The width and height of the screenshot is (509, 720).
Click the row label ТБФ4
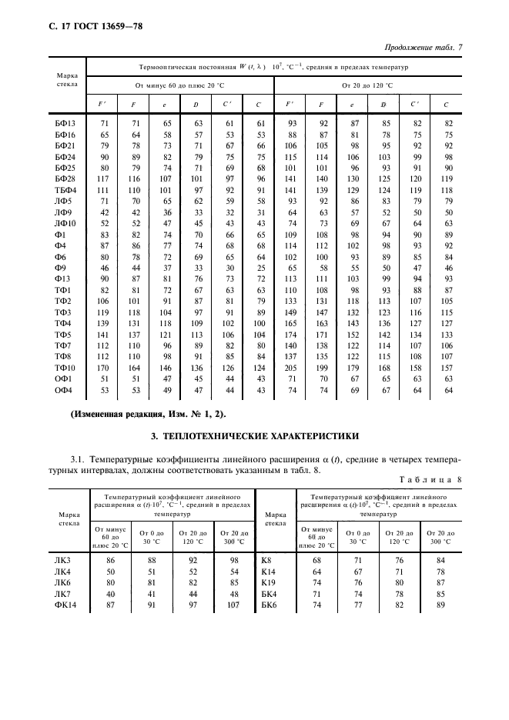point(63,189)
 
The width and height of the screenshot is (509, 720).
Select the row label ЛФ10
point(63,223)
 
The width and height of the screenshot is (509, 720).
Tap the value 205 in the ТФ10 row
point(291,368)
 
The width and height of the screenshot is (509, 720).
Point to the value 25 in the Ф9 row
point(260,268)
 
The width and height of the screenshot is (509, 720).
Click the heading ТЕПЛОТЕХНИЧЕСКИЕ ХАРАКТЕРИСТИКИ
point(254,436)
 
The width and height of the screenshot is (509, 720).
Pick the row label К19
point(270,583)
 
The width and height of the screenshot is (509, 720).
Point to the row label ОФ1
point(63,378)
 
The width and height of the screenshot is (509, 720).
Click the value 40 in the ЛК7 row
point(110,595)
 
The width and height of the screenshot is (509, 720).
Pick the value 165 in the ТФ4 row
point(291,323)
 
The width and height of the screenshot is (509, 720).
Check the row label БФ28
point(63,178)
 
